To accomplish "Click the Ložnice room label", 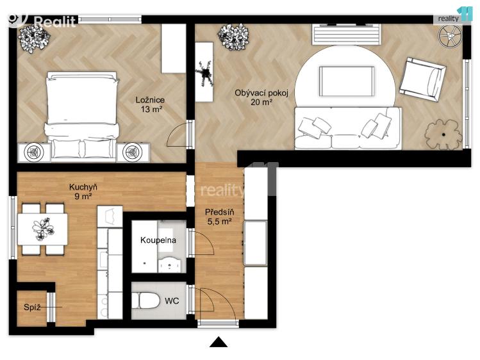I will (x=151, y=100).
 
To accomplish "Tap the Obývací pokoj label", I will (x=261, y=93).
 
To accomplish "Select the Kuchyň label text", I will (x=83, y=187).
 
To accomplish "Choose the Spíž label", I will (x=32, y=307).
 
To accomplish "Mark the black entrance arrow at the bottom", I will (x=219, y=342).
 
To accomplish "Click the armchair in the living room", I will (x=424, y=78).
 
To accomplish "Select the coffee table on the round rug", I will (x=347, y=79).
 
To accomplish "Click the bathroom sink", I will (x=169, y=263).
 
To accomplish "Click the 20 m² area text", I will (x=261, y=102).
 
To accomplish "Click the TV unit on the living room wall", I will (x=343, y=33).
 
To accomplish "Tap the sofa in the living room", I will (x=347, y=129).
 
